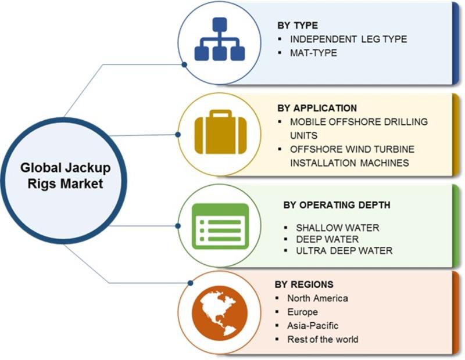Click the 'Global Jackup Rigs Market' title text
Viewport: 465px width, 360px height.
65,175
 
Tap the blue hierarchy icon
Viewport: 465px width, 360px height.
220,39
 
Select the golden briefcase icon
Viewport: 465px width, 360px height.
220,132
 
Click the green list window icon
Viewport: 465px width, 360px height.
220,226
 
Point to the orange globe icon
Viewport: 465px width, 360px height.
220,313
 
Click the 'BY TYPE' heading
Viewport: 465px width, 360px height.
298,26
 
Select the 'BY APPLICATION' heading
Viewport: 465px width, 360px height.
317,108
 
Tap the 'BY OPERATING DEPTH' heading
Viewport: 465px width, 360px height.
337,205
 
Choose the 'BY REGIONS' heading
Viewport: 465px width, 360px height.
304,285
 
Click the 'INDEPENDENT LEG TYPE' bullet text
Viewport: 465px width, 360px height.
348,39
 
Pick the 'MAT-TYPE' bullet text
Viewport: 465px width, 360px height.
313,53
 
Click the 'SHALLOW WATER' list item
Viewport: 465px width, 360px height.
338,228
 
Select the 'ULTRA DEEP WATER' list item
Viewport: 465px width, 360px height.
344,251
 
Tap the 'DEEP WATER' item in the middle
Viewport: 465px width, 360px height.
327,239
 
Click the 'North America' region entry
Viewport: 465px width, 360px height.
317,298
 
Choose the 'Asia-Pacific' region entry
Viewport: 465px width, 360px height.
313,326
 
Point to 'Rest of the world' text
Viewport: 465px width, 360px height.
323,339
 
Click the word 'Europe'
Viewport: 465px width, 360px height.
302,312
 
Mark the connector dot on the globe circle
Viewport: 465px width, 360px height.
191,283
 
